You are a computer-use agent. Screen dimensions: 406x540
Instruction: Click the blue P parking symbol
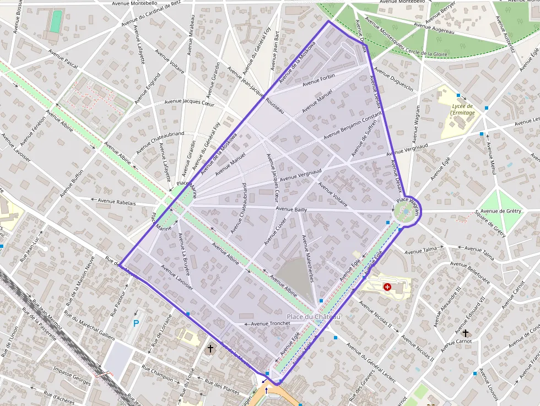[x=136, y=323]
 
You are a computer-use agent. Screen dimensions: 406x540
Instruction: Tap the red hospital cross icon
[x=387, y=287]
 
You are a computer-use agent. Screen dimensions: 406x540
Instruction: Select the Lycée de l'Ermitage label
[x=462, y=109]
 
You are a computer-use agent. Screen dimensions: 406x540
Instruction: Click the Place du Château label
[x=314, y=317]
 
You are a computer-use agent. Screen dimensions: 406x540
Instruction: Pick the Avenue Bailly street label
[x=291, y=209]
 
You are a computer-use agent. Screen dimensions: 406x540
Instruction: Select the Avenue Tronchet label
[x=271, y=323]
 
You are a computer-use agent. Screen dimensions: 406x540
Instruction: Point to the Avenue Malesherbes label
[x=307, y=259]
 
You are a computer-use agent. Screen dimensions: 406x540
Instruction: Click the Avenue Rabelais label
[x=116, y=202]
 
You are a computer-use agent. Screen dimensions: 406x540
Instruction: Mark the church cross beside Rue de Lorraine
[x=210, y=349]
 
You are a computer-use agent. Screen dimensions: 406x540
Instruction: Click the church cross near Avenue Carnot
[x=466, y=333]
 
